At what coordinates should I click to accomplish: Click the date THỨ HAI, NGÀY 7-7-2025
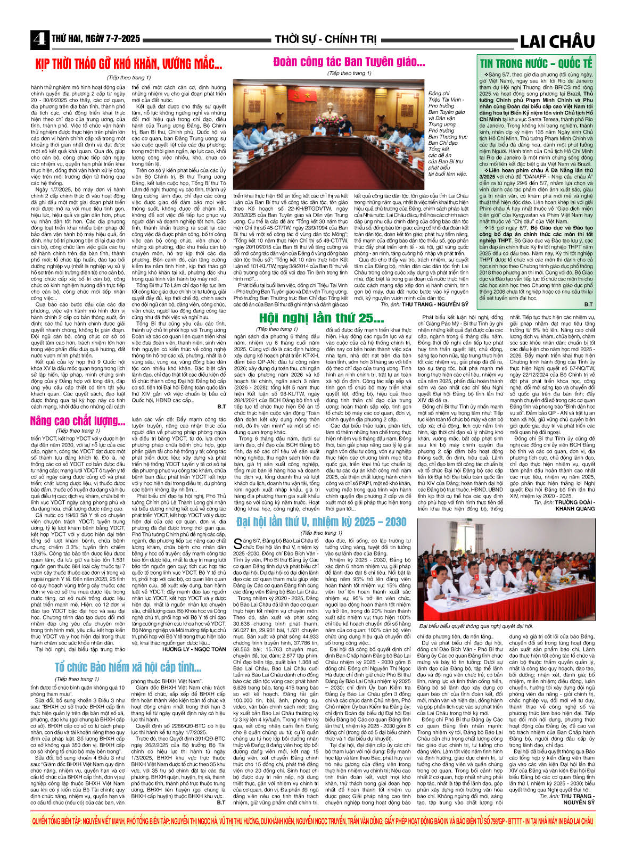point(96,39)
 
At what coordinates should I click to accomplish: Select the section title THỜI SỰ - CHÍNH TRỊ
point(325,39)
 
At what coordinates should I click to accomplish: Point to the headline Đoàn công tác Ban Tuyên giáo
point(349,62)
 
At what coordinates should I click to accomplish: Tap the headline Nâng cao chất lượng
point(78,421)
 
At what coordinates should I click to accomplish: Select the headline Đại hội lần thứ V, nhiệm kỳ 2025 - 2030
point(321,522)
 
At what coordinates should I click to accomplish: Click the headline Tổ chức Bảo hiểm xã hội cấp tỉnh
point(128,667)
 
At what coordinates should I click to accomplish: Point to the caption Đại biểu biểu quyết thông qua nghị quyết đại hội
point(476,626)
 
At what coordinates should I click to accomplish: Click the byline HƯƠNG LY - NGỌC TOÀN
point(194,649)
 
